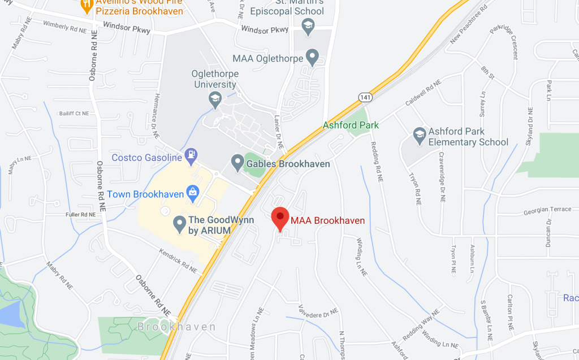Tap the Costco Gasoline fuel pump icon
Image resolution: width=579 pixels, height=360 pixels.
coord(193,153)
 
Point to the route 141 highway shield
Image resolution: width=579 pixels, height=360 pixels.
coord(365,98)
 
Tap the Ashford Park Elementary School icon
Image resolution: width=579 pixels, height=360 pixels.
coord(419,134)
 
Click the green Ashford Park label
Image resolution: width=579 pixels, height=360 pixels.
coord(351,125)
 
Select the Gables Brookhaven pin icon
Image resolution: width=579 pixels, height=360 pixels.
coord(238,163)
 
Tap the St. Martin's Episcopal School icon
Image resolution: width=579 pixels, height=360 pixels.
coord(308,26)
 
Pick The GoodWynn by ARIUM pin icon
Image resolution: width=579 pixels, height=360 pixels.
coord(180,224)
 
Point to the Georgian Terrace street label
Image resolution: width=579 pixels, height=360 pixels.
coord(547,209)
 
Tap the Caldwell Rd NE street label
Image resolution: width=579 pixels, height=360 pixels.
coord(422,94)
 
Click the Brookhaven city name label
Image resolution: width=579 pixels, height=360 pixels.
coord(177,327)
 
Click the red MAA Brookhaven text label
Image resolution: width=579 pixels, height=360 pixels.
coord(327,220)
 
